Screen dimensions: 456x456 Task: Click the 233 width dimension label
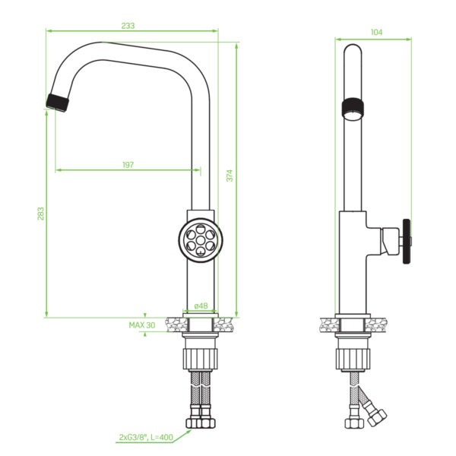pos(128,26)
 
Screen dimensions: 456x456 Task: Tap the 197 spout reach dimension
pos(128,165)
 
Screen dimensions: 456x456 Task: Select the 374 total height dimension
pos(230,176)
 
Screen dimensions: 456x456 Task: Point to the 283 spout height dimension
pos(41,214)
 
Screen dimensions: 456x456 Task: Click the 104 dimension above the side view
pos(376,32)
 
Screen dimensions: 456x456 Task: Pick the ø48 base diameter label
pos(201,306)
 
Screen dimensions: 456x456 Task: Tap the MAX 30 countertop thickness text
pos(142,325)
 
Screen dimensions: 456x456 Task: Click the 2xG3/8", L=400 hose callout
pos(146,437)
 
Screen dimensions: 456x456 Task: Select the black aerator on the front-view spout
pos(58,103)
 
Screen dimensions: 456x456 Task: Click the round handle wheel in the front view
pos(201,240)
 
